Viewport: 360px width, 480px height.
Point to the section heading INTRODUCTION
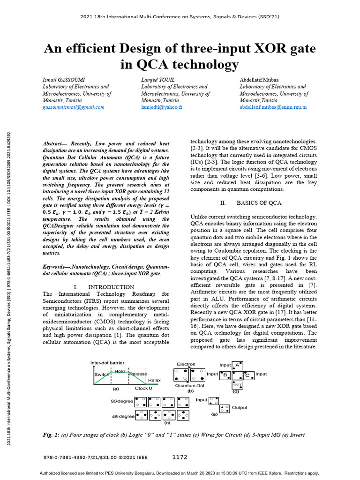(111, 287)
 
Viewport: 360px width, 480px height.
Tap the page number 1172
(180, 457)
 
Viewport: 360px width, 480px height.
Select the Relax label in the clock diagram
(154, 380)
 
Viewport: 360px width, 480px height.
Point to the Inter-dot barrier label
(108, 363)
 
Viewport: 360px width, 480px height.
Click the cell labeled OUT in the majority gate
(238, 385)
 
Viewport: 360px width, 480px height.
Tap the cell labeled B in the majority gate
(225, 375)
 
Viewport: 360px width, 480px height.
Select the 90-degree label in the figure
(122, 402)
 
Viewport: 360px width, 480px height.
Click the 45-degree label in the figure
(123, 416)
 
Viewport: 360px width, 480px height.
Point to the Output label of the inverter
(240, 407)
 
